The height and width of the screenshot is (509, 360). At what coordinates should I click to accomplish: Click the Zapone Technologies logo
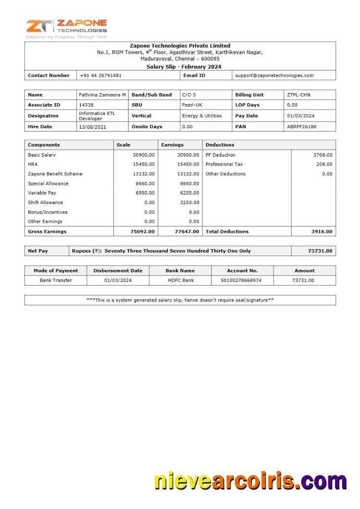tap(66, 28)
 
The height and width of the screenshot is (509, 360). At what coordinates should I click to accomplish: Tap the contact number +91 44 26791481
tap(100, 75)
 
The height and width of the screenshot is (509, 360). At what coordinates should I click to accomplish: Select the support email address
tap(274, 75)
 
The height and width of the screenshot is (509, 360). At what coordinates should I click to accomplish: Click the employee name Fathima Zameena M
tap(102, 95)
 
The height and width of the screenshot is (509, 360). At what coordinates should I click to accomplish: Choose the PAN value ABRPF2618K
tap(302, 127)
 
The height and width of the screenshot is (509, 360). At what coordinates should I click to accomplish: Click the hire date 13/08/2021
tap(92, 127)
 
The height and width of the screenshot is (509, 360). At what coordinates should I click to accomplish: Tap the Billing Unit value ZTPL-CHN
tap(298, 95)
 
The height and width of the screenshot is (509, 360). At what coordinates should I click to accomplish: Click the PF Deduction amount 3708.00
tap(323, 155)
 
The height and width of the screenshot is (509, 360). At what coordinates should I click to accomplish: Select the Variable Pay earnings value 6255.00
tap(189, 193)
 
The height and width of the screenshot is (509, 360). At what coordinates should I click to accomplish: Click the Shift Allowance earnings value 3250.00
tap(189, 203)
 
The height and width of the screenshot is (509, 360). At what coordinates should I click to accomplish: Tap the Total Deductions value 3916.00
tap(322, 231)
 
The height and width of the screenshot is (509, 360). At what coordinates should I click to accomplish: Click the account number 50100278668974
tap(242, 280)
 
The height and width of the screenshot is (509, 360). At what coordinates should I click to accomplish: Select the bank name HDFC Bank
tap(181, 280)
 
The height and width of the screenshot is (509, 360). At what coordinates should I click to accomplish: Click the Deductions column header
tap(220, 145)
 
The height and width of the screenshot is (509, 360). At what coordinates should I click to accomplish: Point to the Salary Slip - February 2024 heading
tap(184, 67)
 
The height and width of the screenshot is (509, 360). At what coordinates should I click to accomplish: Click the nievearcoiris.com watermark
tap(250, 481)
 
